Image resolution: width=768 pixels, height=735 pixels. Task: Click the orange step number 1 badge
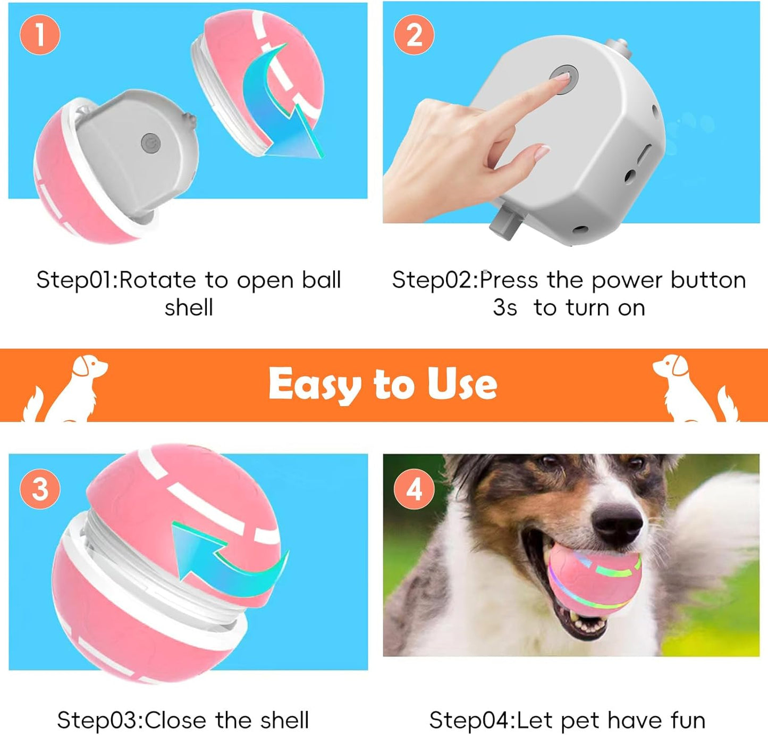40,35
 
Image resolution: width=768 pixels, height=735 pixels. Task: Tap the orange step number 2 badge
414,35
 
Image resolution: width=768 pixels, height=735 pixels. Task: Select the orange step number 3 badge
40,488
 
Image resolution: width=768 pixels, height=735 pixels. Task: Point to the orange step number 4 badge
414,488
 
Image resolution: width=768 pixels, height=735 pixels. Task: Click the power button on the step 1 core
150,143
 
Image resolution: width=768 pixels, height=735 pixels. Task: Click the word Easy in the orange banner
314,385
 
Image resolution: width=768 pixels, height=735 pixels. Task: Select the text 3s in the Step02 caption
504,308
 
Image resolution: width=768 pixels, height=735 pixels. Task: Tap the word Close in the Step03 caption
175,721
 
